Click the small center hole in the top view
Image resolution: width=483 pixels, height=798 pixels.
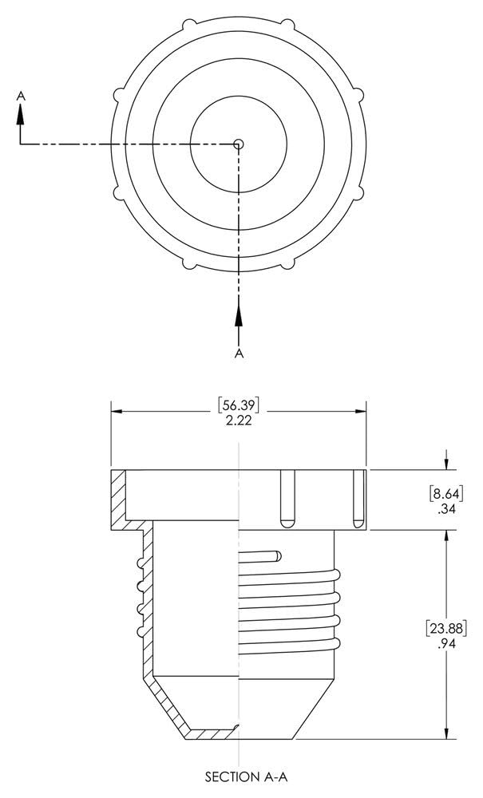(239, 144)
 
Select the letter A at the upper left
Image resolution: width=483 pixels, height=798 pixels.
(21, 94)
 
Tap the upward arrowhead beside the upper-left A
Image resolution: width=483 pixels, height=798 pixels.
(21, 114)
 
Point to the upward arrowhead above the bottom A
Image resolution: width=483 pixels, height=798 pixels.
(238, 314)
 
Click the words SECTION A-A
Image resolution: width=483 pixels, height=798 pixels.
(239, 776)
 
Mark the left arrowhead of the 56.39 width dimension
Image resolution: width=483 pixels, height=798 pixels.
(117, 412)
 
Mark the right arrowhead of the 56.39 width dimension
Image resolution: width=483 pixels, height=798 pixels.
(360, 412)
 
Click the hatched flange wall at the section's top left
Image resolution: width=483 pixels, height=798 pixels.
(117, 499)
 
